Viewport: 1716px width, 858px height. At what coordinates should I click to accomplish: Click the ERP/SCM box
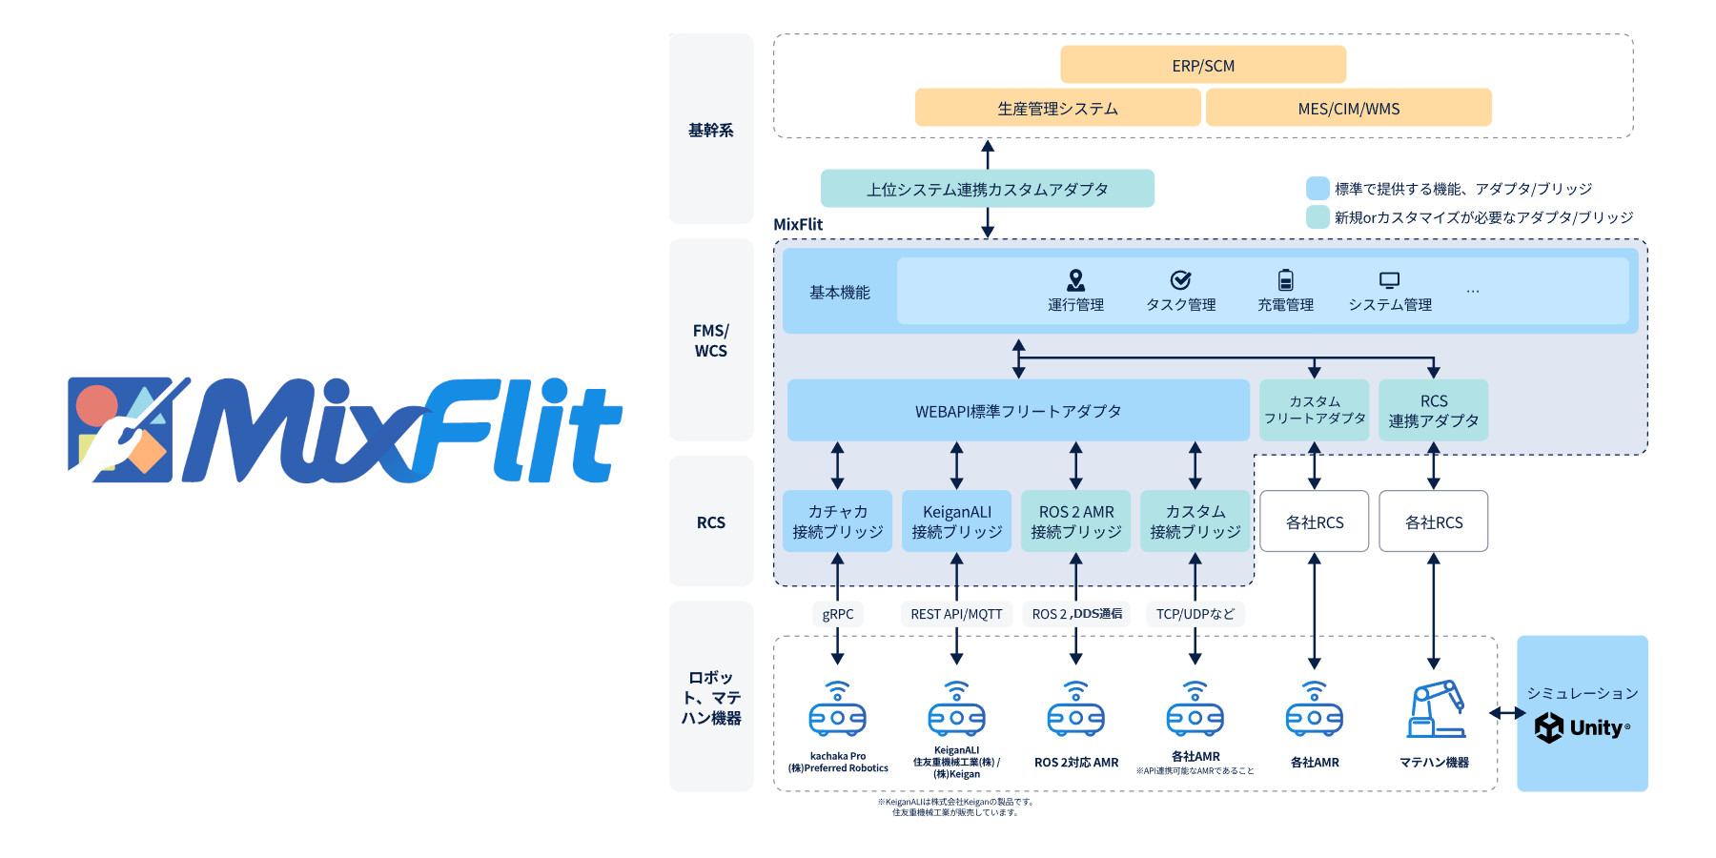pos(1203,65)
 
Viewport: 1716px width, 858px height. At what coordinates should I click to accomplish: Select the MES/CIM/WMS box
pos(1348,108)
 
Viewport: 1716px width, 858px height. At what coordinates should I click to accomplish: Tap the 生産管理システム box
pos(1057,108)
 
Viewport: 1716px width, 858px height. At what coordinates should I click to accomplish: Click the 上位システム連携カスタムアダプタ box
pos(987,189)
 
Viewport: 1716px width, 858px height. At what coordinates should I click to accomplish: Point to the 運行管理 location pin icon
pos(1075,280)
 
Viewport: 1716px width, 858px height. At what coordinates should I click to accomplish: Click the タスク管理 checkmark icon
pos(1180,280)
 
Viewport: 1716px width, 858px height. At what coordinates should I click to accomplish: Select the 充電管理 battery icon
pos(1285,280)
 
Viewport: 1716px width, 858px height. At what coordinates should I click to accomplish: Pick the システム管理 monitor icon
pos(1389,280)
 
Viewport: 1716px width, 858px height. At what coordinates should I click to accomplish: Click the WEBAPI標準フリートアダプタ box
pos(1017,411)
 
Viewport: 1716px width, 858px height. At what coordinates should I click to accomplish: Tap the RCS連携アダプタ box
pos(1433,411)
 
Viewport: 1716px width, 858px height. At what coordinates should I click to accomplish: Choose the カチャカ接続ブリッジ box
pos(837,521)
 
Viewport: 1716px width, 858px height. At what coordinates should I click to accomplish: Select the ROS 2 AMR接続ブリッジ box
pos(1075,521)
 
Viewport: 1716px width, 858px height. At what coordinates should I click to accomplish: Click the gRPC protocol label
pos(837,614)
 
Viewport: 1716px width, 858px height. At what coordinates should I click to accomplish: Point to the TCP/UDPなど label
pos(1195,614)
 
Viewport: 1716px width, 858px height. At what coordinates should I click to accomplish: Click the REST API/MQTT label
pos(956,614)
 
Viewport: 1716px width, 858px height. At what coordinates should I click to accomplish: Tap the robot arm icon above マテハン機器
pos(1435,709)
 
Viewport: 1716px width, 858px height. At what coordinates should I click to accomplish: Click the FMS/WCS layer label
pos(710,340)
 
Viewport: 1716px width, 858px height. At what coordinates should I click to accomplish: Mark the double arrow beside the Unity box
pos(1506,713)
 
